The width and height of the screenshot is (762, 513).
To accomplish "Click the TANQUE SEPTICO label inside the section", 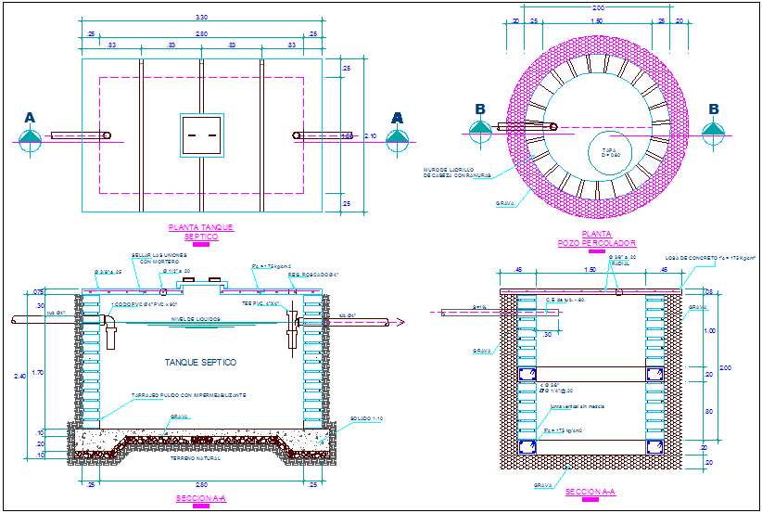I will (201, 362).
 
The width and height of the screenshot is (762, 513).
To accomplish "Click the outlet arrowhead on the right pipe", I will (401, 322).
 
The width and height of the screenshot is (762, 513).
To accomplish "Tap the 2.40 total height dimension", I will (34, 377).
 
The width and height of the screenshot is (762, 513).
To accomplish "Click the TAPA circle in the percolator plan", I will (609, 151).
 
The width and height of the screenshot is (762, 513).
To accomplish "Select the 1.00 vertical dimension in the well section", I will (710, 330).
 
